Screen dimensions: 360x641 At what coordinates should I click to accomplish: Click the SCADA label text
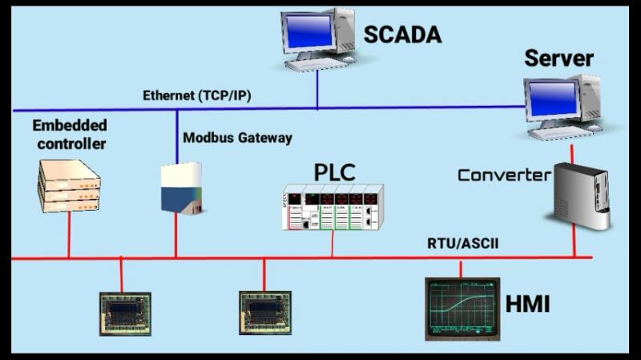pos(402,34)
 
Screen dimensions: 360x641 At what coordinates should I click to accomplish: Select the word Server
pos(558,59)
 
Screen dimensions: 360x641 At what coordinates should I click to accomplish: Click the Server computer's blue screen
pos(551,97)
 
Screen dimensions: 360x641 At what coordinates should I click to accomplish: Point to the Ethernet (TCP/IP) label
pos(197,95)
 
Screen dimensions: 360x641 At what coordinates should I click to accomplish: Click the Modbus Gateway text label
pos(237,138)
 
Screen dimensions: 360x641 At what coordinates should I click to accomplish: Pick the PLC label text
pos(333,171)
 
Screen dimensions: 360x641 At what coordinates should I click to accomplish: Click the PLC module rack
pos(333,207)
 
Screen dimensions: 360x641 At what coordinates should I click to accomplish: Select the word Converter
pos(504,175)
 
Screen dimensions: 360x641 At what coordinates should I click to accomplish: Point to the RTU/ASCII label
pos(463,244)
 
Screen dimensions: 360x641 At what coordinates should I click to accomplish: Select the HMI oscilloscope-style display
pos(462,308)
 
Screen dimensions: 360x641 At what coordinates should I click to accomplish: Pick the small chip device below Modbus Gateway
pos(264,313)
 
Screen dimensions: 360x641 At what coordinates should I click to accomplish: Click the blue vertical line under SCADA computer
pos(317,90)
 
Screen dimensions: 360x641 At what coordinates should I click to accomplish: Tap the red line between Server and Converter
pos(571,152)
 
